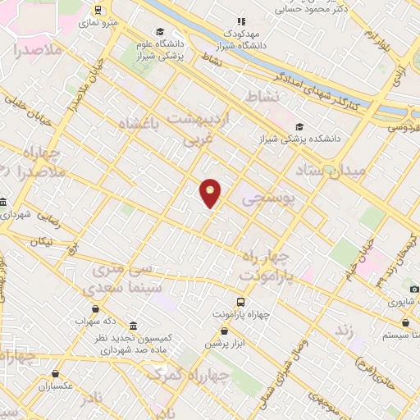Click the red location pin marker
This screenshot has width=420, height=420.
[211, 193]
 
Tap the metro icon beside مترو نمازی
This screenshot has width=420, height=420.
[98, 11]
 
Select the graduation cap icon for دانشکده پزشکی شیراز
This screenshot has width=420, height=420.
[299, 126]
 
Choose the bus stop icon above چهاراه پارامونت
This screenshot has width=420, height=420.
[240, 301]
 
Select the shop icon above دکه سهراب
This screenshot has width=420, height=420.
[97, 308]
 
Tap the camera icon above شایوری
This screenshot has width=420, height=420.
[414, 289]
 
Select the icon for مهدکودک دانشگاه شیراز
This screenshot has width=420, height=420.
[240, 22]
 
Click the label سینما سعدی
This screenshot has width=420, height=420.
[115, 290]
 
